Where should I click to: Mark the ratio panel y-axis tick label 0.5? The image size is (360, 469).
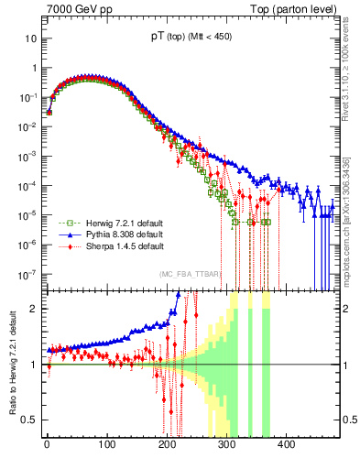30,420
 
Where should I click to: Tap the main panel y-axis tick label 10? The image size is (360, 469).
31,39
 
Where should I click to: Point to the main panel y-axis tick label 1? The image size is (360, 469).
35,69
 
